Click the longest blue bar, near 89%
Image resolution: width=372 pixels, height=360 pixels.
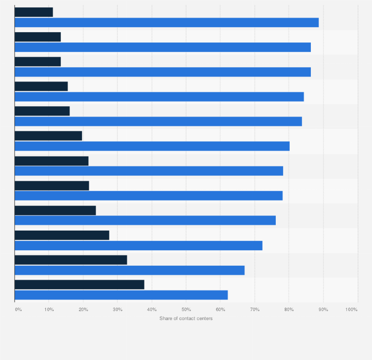pos(167,22)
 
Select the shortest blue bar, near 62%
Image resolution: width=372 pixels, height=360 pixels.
pos(121,295)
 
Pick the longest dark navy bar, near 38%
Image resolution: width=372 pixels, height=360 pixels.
pos(79,284)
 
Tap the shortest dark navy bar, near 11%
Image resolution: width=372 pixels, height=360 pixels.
pos(34,12)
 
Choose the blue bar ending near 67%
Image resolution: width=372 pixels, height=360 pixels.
pos(130,270)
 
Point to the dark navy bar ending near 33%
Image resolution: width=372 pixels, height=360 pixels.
pos(71,260)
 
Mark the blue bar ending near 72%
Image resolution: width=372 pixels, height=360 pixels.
pos(139,245)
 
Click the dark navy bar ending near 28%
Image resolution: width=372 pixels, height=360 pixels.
pos(62,235)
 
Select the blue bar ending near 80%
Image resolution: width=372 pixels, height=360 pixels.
pos(152,146)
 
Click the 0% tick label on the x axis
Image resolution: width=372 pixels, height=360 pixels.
pos(18,309)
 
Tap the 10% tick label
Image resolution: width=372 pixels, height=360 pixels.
pos(49,309)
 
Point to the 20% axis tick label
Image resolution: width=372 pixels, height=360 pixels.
pos(83,309)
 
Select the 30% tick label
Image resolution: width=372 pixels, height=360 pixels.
pos(117,309)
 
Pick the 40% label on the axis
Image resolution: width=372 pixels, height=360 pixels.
pos(152,309)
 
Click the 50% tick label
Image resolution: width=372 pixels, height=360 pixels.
pos(186,309)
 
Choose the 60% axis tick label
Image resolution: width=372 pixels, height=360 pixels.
pos(221,309)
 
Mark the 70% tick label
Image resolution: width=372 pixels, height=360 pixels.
pos(255,309)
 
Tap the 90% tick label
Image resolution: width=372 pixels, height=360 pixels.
pos(323,309)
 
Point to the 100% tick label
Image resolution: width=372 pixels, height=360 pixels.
pos(351,309)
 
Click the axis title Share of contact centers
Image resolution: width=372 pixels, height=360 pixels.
pos(186,319)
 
